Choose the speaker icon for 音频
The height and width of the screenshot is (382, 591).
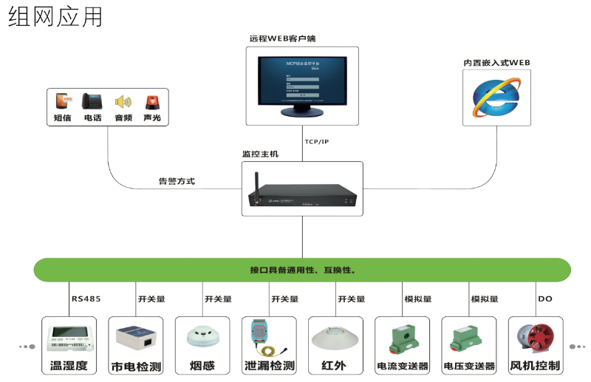[123, 102]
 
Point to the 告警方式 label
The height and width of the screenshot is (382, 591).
[177, 181]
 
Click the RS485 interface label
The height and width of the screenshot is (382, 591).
[86, 299]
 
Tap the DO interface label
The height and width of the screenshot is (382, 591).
[545, 299]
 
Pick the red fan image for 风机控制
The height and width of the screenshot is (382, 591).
[536, 338]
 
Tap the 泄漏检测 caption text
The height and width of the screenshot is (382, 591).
[269, 365]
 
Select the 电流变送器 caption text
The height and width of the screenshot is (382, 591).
[403, 366]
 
